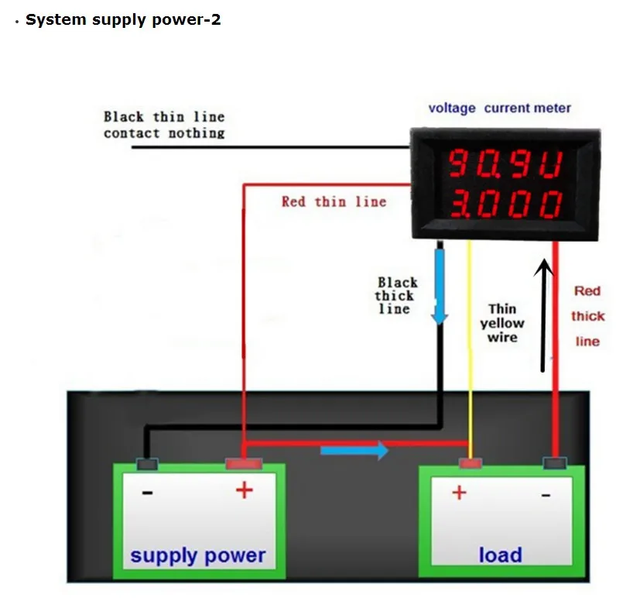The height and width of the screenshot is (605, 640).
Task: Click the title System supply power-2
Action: pyautogui.click(x=123, y=20)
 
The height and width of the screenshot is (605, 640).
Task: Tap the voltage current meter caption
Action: pyautogui.click(x=499, y=108)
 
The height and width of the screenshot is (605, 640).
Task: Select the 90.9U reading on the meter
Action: pyautogui.click(x=506, y=163)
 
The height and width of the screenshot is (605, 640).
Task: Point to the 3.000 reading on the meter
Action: pyautogui.click(x=506, y=204)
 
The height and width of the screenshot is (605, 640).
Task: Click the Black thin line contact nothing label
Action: pyautogui.click(x=164, y=125)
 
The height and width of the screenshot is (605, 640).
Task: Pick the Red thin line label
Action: pyautogui.click(x=334, y=201)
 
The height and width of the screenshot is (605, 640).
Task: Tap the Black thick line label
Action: pyautogui.click(x=396, y=295)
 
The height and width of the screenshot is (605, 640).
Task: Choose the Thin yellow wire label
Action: pyautogui.click(x=502, y=323)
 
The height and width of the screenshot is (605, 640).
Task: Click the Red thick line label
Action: pyautogui.click(x=587, y=316)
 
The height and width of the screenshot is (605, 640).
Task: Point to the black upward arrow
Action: pyautogui.click(x=543, y=315)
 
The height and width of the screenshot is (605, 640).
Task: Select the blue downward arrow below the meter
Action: pyautogui.click(x=440, y=287)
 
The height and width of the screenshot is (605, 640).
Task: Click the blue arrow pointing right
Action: pyautogui.click(x=354, y=451)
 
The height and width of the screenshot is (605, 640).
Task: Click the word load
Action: pyautogui.click(x=501, y=555)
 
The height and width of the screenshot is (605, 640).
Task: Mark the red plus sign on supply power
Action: pyautogui.click(x=245, y=490)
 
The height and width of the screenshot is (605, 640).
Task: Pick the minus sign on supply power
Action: pyautogui.click(x=147, y=493)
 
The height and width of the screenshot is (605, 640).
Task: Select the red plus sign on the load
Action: pyautogui.click(x=459, y=492)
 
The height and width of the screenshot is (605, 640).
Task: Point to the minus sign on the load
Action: pyautogui.click(x=546, y=496)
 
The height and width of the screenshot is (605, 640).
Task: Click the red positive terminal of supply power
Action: pyautogui.click(x=244, y=464)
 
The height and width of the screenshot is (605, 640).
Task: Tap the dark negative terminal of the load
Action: pyautogui.click(x=555, y=463)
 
